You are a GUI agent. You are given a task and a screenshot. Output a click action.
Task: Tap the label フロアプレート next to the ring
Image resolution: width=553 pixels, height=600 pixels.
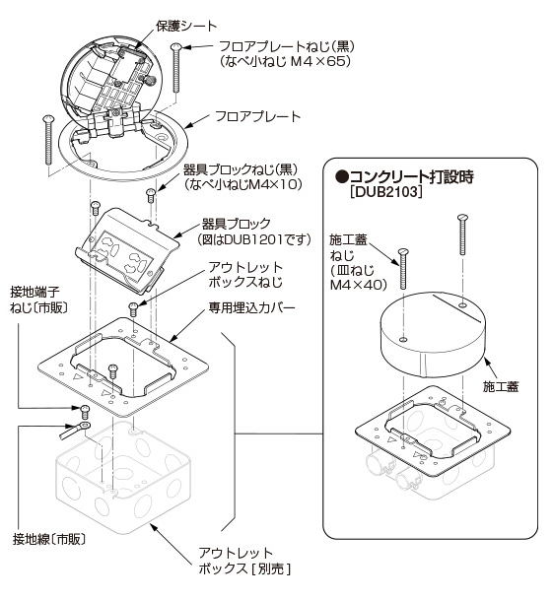[257, 116]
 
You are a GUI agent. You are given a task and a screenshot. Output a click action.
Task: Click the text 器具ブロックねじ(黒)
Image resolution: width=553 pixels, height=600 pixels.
[242, 169]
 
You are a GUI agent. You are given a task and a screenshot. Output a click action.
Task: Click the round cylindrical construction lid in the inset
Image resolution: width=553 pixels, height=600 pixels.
[433, 333]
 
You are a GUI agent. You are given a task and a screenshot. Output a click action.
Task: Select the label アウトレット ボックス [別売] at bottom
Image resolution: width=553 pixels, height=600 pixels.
[244, 560]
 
